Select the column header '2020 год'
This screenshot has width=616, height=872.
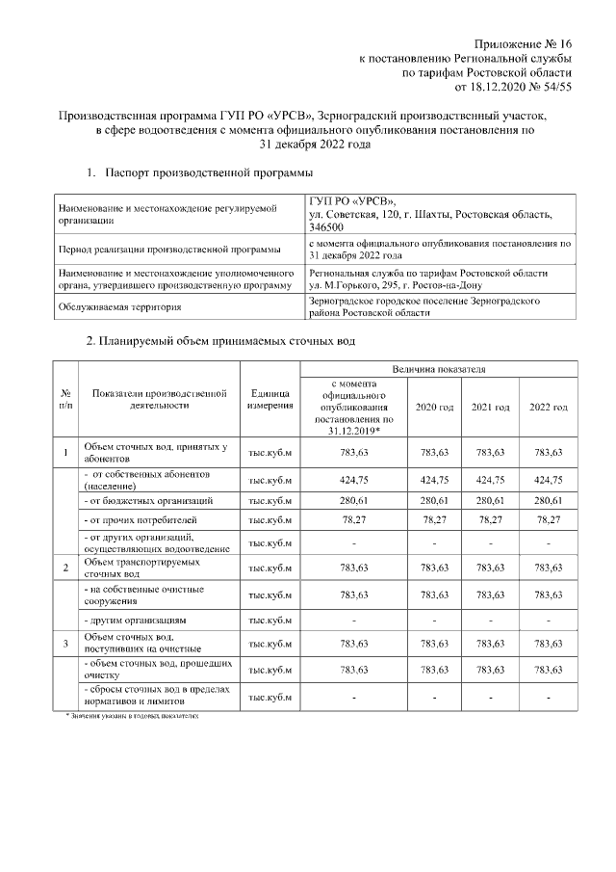[434, 408]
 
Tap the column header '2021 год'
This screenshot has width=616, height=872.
[491, 408]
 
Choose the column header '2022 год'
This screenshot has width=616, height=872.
[548, 408]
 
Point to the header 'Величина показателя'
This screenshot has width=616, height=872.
[438, 369]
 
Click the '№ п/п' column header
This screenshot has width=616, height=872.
[65, 400]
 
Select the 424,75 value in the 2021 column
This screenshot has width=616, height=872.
[491, 479]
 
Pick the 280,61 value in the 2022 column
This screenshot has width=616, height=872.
[548, 501]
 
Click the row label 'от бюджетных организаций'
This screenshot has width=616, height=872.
[149, 501]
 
